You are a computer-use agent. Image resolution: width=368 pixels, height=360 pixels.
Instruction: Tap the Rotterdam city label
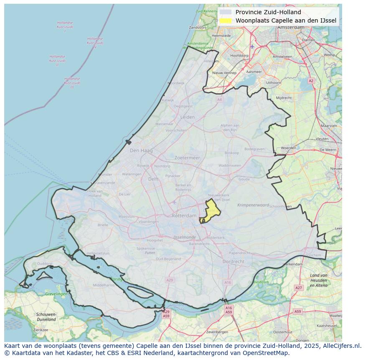tap(184, 215)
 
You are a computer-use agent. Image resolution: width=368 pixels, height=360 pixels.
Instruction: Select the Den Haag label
tap(141, 151)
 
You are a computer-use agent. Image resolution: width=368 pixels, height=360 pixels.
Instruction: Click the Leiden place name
tap(188, 117)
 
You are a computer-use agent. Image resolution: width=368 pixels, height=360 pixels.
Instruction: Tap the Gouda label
tap(244, 179)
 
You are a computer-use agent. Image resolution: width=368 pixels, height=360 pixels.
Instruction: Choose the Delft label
tap(153, 179)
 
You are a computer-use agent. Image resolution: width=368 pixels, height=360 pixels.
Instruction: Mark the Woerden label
tap(288, 148)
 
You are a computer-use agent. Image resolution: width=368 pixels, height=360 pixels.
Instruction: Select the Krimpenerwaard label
tap(253, 205)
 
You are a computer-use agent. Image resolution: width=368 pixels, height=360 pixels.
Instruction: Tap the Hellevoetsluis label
tap(98, 253)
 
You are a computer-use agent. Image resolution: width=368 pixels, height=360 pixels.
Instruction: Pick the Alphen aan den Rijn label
tap(230, 128)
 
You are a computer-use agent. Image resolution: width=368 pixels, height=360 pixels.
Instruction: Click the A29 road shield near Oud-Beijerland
tap(169, 280)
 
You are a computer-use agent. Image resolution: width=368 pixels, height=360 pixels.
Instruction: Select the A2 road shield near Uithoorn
tap(311, 81)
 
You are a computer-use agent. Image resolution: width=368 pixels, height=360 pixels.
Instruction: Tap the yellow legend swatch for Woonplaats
tap(226, 20)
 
